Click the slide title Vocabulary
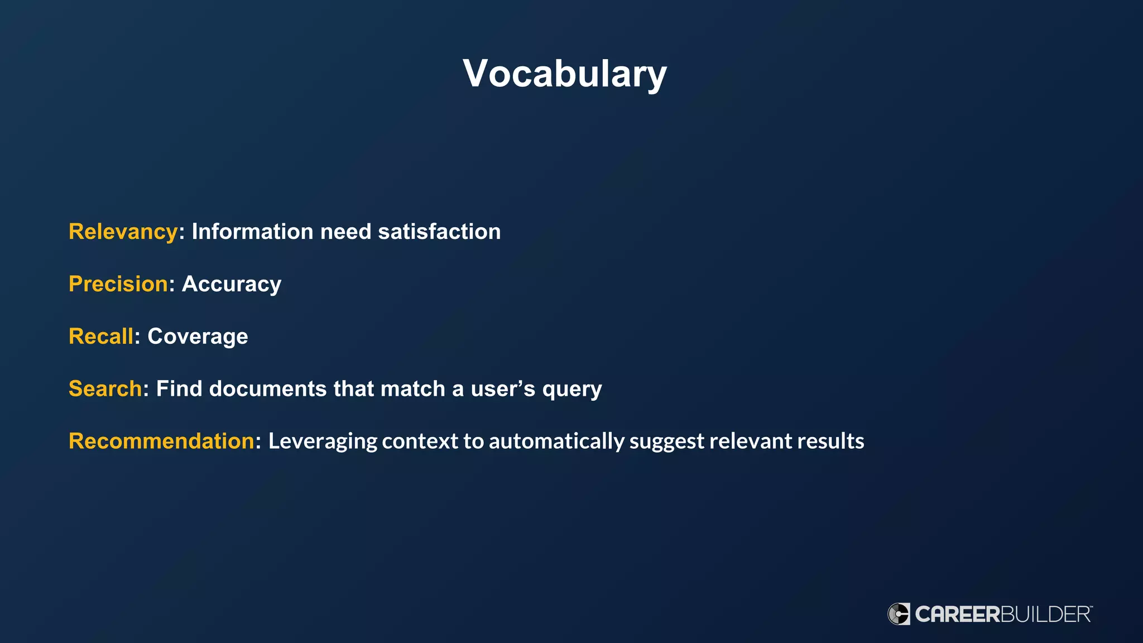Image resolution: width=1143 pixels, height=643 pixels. [x=565, y=74]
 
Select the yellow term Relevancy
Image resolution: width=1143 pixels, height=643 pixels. [x=123, y=232]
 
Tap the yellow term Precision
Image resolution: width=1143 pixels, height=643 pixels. [x=118, y=284]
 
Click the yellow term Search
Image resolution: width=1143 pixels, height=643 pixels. [x=105, y=389]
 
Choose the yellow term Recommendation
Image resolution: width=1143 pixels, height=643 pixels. [x=161, y=442]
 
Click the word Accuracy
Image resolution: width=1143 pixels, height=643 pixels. [x=232, y=284]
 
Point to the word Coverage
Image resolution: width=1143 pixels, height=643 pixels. [x=198, y=337]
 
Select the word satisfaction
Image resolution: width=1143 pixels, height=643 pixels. [x=439, y=232]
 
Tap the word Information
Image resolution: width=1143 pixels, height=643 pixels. [x=252, y=232]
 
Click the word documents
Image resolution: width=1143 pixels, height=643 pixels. [x=267, y=389]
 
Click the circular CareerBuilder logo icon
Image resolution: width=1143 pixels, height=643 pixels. [x=899, y=614]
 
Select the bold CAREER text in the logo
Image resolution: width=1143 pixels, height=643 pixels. [x=958, y=615]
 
